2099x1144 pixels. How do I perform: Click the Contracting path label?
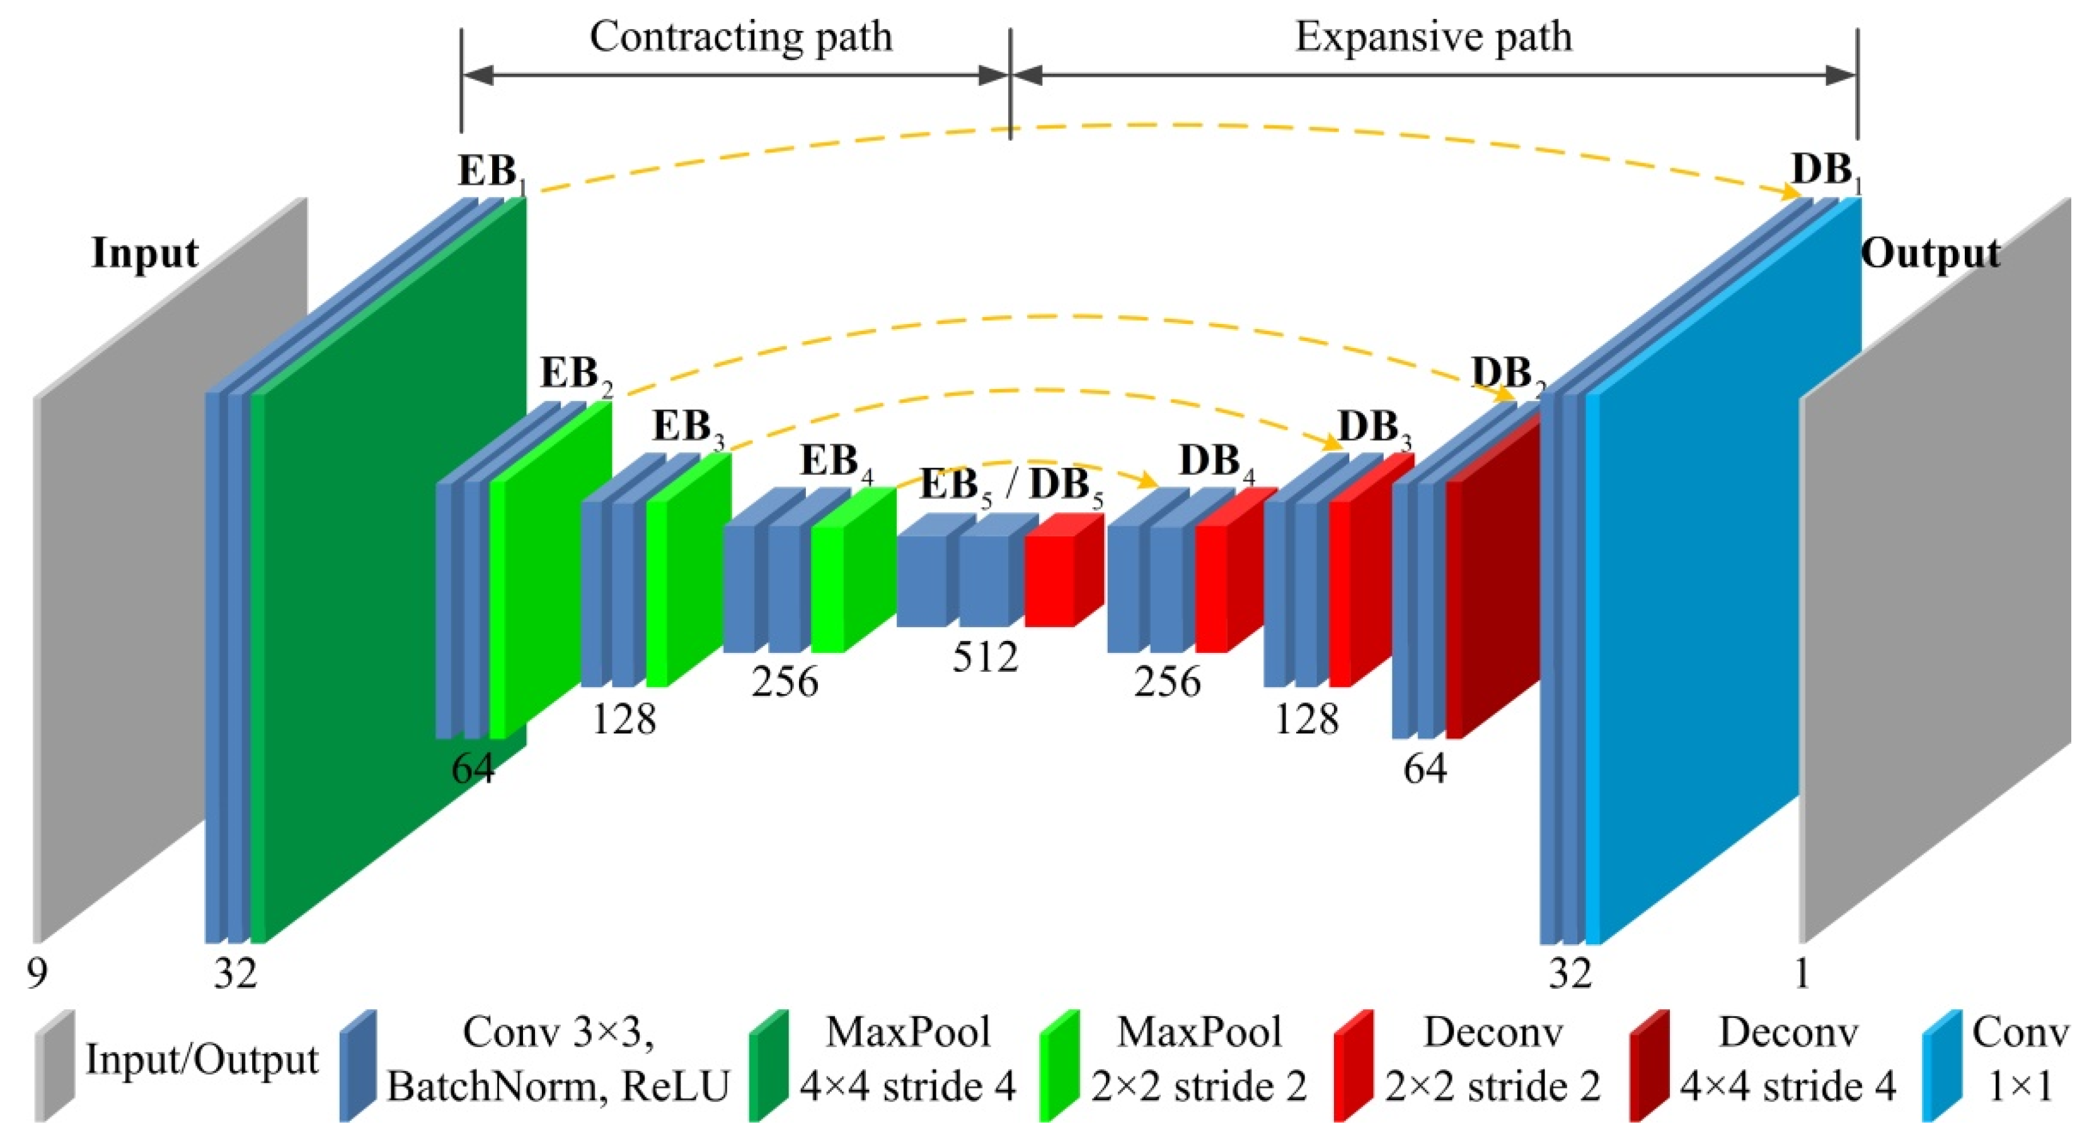click(740, 37)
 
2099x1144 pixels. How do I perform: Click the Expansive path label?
click(1434, 37)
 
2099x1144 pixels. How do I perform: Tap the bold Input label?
click(144, 253)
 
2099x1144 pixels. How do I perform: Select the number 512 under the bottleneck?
click(985, 657)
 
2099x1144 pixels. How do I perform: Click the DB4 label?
click(1216, 463)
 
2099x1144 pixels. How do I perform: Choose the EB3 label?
click(687, 427)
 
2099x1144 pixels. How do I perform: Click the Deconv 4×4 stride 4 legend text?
click(1788, 1060)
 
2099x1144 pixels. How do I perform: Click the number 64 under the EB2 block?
click(473, 768)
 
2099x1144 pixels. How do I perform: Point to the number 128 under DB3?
click(1306, 719)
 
